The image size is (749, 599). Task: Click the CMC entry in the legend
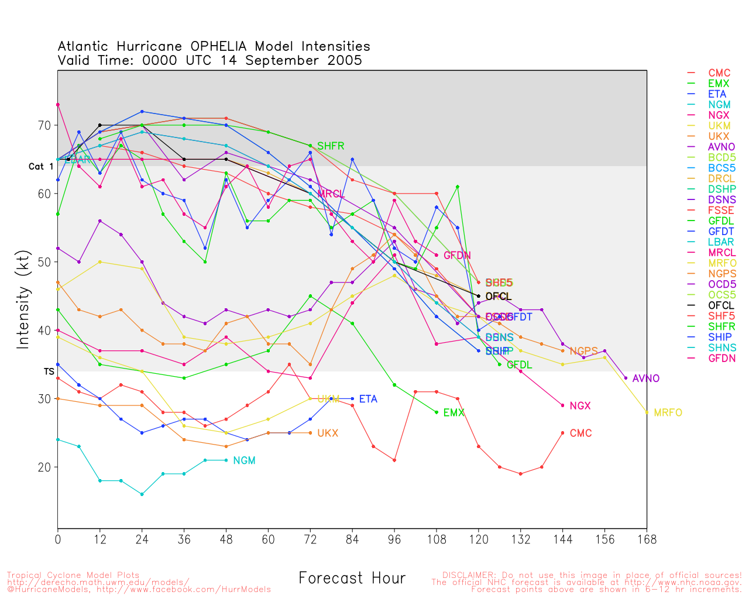719,73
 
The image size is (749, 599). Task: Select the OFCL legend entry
721,305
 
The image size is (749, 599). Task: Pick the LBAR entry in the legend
721,242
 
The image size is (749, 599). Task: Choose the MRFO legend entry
722,263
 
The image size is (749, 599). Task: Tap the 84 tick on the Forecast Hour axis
352,539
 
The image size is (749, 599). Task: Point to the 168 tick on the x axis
647,539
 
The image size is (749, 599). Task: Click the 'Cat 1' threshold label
41,167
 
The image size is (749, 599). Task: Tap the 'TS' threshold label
49,371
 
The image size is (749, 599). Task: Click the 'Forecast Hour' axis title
352,579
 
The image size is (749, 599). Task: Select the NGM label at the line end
244,461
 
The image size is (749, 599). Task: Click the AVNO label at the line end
646,379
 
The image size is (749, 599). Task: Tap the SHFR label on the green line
331,146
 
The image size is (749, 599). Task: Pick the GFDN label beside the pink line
457,256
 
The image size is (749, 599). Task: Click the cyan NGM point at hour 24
142,494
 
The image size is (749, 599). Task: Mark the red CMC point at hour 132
520,474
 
